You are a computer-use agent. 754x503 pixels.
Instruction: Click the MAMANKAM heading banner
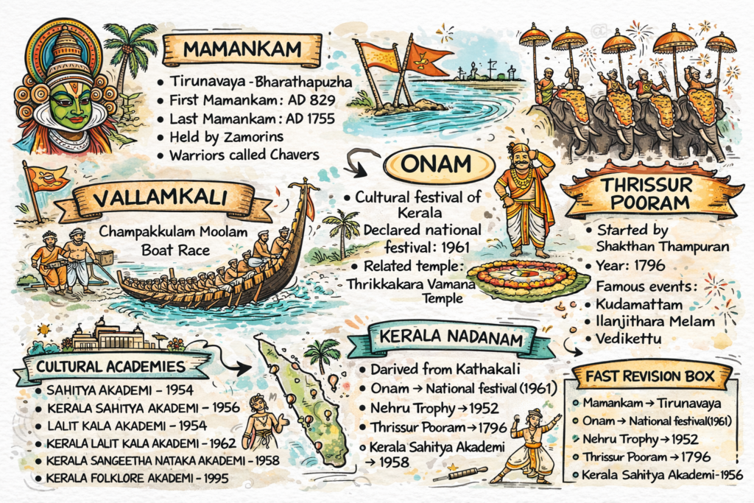click(242, 50)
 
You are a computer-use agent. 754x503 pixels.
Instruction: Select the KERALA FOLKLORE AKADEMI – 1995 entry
click(136, 478)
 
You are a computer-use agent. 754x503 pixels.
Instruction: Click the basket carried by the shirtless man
click(105, 258)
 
